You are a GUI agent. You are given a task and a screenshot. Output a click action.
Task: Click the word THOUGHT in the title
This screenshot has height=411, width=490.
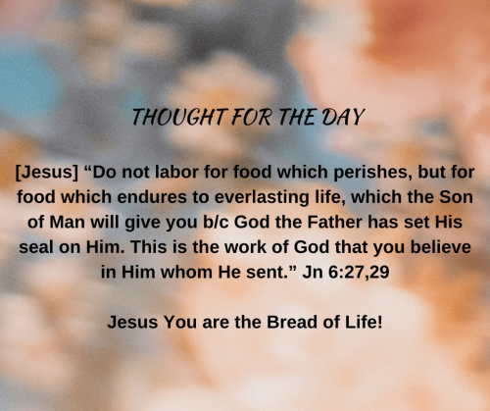click(x=179, y=117)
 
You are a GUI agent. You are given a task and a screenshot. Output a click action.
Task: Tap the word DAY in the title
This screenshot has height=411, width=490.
click(x=343, y=117)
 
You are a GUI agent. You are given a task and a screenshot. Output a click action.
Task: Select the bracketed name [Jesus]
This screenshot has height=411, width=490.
click(x=47, y=172)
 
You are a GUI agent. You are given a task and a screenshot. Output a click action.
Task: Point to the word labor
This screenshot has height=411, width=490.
click(x=176, y=172)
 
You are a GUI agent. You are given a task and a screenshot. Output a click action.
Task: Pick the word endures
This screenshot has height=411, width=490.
click(x=152, y=197)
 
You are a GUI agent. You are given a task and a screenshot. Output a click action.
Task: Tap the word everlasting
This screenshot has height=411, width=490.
click(x=262, y=198)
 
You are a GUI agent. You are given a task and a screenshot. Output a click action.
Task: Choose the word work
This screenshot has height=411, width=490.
click(x=246, y=247)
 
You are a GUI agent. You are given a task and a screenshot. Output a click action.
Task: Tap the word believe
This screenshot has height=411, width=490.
click(x=441, y=247)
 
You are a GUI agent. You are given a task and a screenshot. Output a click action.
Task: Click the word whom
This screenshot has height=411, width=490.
click(x=186, y=272)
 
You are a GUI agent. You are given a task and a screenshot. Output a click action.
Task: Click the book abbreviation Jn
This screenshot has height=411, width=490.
click(x=313, y=272)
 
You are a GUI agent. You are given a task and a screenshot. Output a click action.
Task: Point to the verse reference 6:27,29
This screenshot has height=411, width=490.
click(x=359, y=273)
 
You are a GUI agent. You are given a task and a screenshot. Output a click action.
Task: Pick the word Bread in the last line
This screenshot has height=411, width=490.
click(x=292, y=322)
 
